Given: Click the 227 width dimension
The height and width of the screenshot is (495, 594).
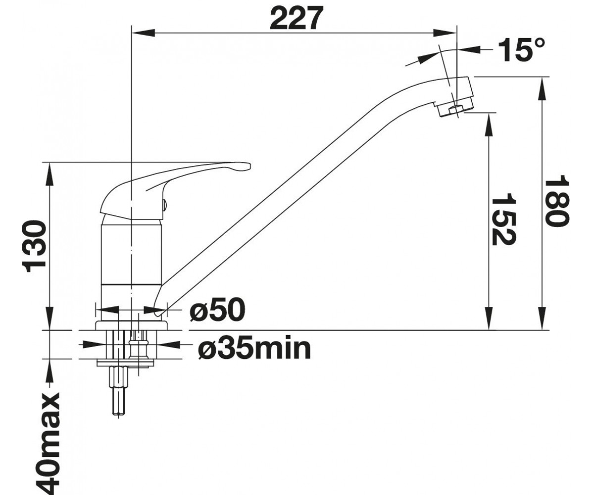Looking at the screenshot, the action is [x=297, y=18].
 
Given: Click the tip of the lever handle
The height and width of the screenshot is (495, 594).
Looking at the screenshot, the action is [x=249, y=166].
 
